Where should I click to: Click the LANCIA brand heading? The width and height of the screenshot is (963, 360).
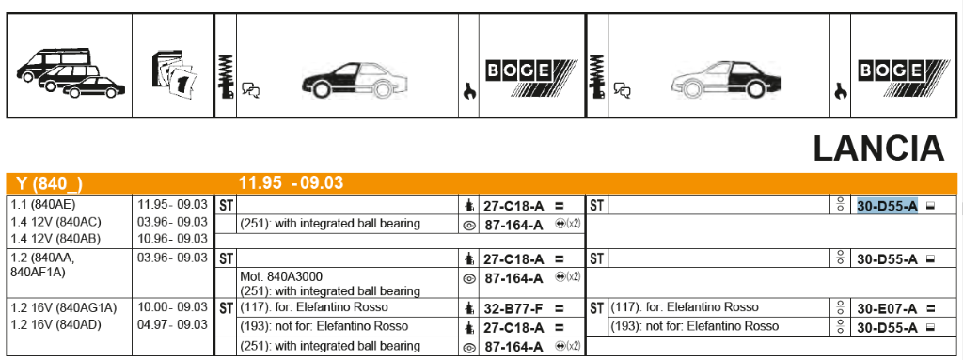point(878,149)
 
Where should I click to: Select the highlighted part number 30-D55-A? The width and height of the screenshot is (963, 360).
point(888,207)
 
